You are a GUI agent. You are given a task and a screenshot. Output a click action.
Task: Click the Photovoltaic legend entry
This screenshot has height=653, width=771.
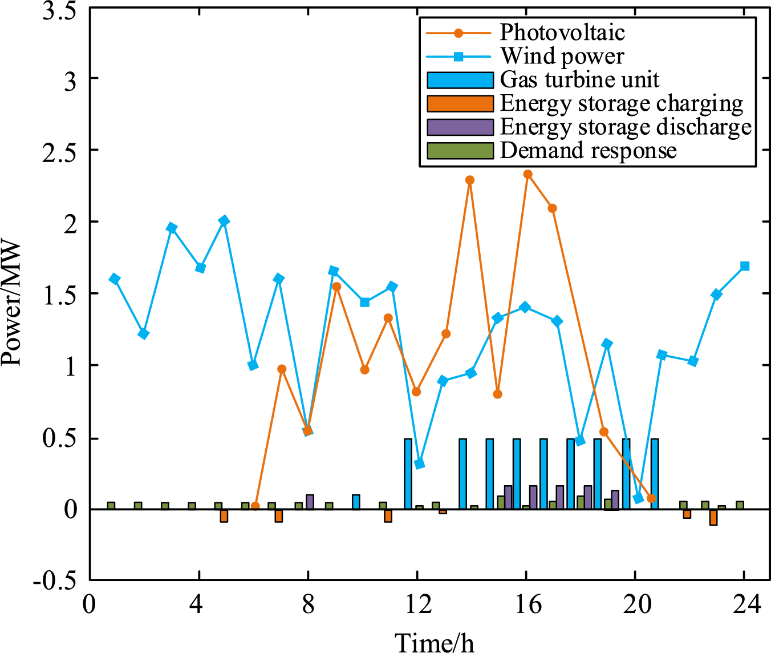562,33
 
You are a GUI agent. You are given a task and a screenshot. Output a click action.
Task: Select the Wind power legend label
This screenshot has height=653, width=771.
562,56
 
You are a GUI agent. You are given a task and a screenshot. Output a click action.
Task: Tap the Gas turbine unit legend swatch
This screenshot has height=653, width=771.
460,80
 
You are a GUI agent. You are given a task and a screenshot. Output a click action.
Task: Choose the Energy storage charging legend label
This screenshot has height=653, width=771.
622,103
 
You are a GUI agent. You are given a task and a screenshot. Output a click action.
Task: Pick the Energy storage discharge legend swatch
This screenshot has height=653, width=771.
460,127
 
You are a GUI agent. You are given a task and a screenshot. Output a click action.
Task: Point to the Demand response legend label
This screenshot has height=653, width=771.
588,151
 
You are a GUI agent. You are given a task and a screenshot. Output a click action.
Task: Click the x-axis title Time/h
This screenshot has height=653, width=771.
435,642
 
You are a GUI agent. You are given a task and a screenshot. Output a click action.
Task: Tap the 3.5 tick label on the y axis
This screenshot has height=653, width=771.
59,11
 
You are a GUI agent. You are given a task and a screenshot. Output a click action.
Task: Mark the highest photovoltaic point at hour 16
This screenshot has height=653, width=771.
527,174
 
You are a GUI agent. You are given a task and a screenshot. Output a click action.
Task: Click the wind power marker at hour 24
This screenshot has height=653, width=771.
744,266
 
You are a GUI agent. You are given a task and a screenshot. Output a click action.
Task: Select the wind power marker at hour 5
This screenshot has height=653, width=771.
224,221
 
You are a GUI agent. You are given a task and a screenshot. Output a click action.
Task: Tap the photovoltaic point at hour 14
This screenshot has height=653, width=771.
470,180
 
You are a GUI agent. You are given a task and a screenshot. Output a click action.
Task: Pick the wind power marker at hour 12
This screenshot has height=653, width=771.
419,463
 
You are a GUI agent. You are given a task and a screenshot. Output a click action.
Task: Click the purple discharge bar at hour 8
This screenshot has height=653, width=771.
310,502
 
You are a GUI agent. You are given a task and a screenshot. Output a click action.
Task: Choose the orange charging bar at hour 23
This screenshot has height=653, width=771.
713,517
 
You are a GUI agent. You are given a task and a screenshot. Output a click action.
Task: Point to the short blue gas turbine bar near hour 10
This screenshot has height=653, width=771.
356,502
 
